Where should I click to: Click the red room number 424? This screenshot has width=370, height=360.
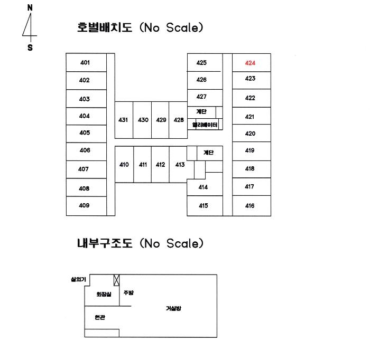coord(250,63)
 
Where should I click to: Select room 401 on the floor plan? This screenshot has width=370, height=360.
coord(86,62)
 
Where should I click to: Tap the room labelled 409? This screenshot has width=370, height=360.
coord(86,206)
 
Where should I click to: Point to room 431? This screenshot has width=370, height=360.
coord(124,120)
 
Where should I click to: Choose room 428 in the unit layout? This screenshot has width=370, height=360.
coord(178,120)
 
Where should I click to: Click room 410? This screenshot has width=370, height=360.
coord(124,165)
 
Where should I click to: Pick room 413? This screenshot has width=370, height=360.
coord(179,165)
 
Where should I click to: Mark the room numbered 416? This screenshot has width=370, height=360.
coord(252,206)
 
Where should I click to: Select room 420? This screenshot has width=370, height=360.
coord(252,133)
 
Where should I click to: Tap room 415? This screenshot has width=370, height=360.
coord(205,206)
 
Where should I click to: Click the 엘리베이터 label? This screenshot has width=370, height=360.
coord(205,125)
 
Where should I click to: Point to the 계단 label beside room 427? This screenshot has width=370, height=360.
coord(201,111)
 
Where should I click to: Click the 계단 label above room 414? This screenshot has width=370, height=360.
coord(209,153)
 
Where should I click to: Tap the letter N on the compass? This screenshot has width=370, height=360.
coord(30,8)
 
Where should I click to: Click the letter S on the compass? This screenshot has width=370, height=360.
coord(30,48)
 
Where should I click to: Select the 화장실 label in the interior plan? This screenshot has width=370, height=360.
coord(104,294)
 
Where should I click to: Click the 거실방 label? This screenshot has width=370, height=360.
coord(173,308)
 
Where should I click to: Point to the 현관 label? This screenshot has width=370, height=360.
coord(100,317)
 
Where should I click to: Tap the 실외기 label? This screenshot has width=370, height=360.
coord(78,279)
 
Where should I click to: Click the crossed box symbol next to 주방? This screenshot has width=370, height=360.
coord(117,280)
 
